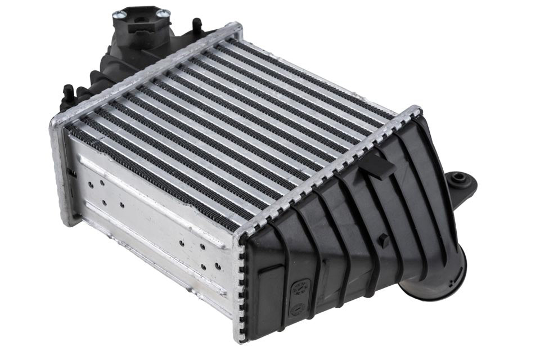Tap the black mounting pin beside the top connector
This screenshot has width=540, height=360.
click(x=196, y=24)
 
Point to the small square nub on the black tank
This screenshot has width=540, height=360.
click(x=384, y=241)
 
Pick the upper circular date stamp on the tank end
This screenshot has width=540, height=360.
click(x=301, y=287)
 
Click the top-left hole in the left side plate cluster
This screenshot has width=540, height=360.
click(x=90, y=181)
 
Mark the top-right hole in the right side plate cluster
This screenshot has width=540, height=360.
click(x=203, y=246)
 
